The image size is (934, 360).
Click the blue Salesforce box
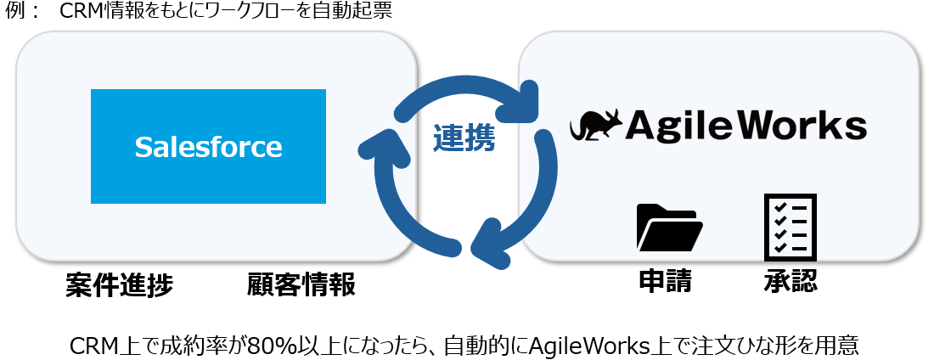click(x=208, y=146)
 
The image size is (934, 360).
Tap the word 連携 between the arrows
click(x=464, y=138)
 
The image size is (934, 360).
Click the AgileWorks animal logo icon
click(x=595, y=126)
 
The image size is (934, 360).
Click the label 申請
click(x=665, y=281)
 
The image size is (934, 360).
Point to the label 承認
click(x=790, y=281)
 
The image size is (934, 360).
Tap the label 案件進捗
click(x=119, y=285)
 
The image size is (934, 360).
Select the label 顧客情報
click(x=301, y=285)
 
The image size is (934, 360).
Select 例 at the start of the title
click(x=14, y=12)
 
